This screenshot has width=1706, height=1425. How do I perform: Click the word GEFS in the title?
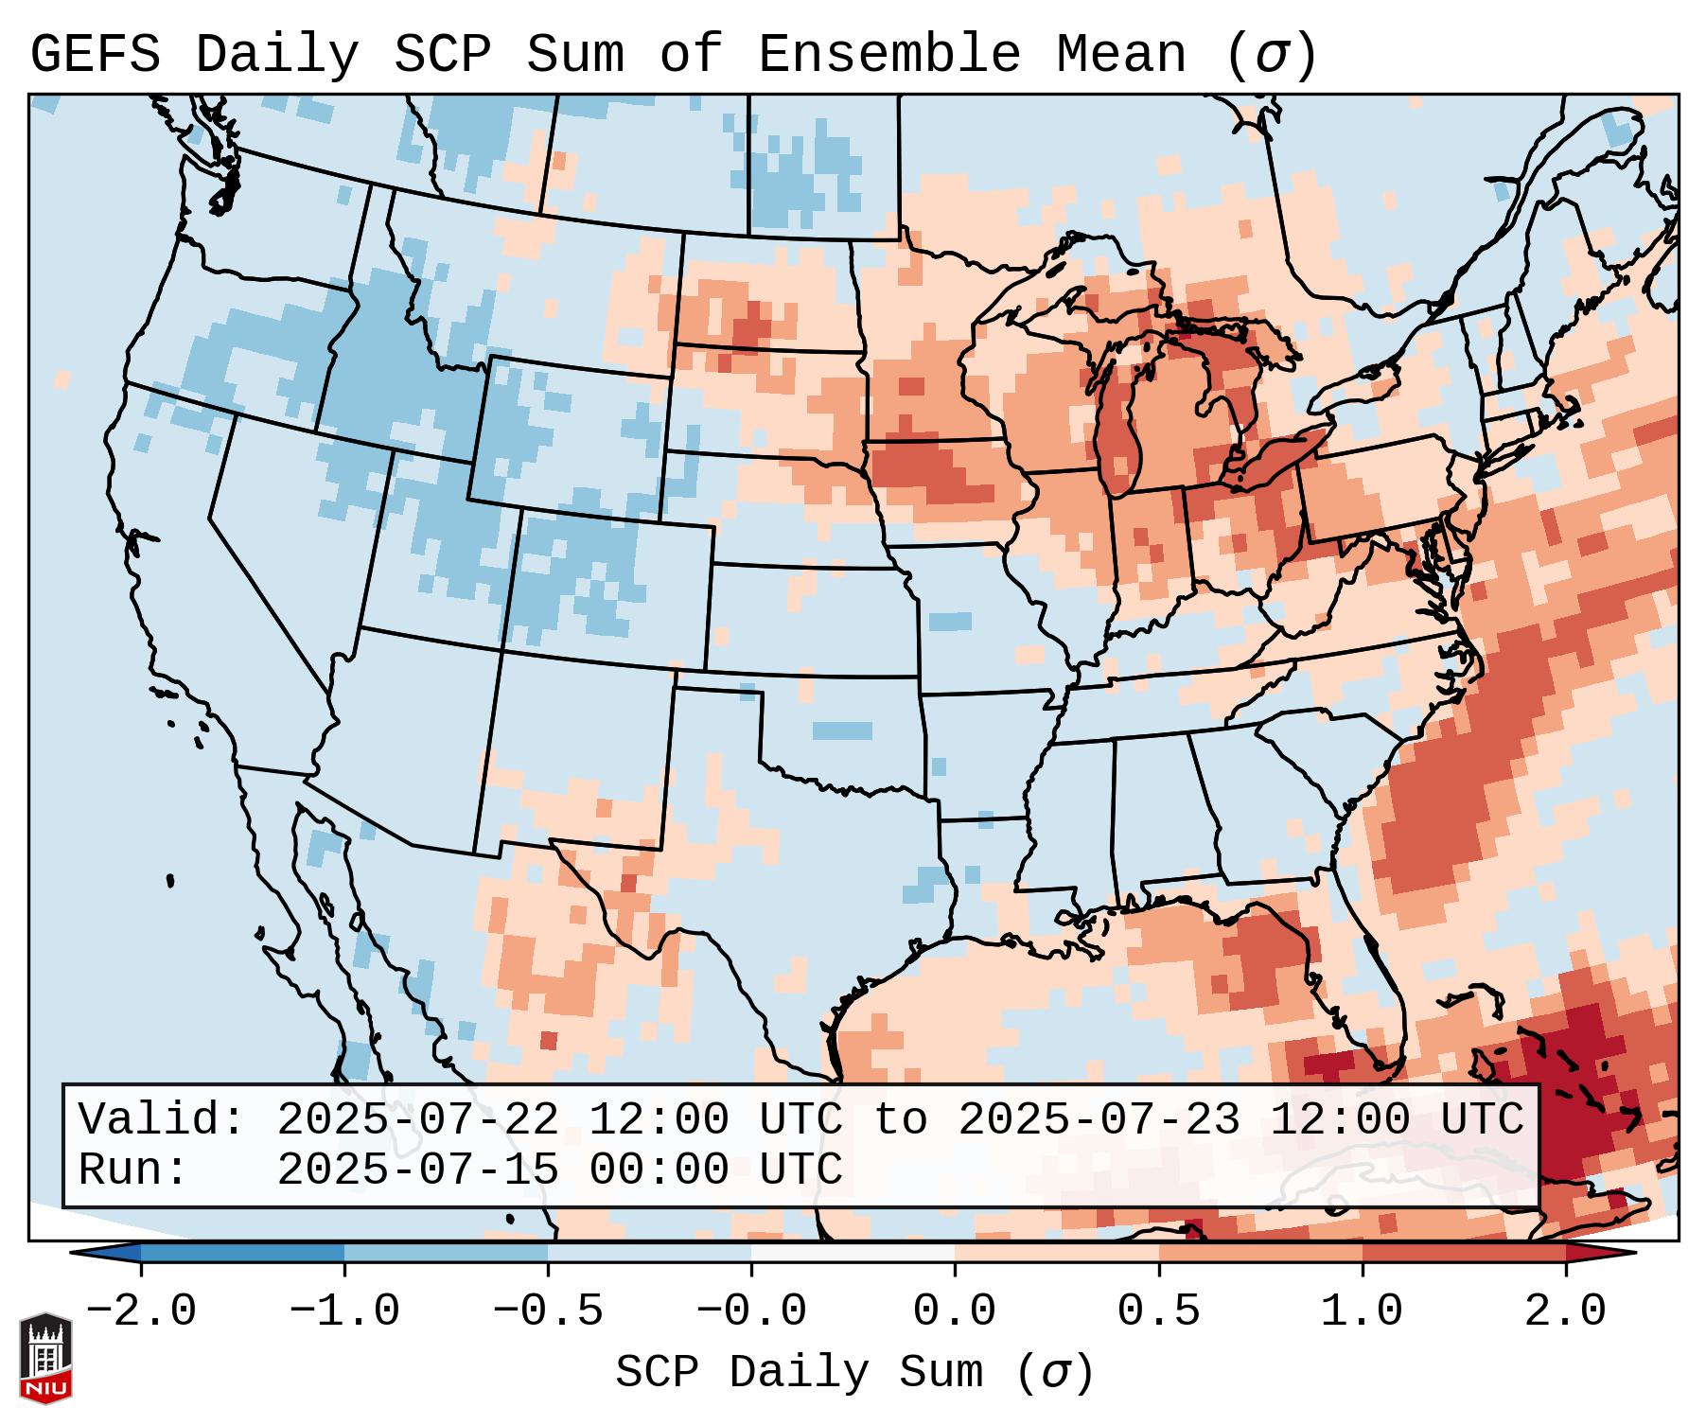pos(95,55)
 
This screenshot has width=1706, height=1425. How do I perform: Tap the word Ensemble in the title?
pos(889,55)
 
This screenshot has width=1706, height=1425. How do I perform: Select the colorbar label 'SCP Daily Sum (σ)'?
pos(854,1373)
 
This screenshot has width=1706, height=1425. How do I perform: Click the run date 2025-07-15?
pos(417,1170)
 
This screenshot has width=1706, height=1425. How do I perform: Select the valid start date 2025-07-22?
pos(417,1120)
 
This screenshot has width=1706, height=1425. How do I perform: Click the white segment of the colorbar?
pos(853,1253)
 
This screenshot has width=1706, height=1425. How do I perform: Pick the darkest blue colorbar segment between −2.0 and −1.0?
pos(242,1253)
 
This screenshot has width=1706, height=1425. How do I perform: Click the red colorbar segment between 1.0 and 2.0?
pos(1464,1253)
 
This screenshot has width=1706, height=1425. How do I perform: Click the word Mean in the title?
pos(1121,55)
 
